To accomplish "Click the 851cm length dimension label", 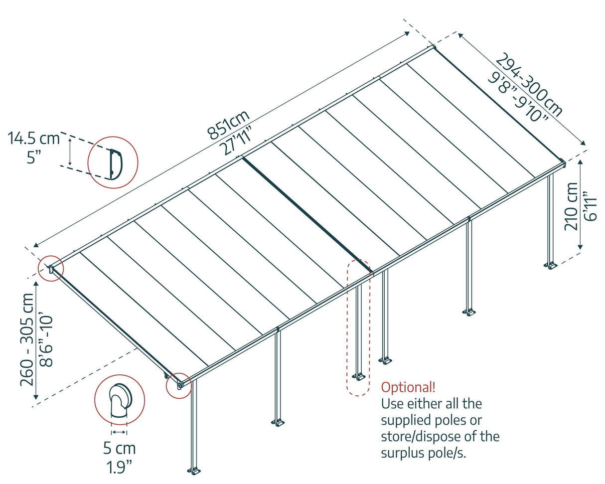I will click(x=228, y=124).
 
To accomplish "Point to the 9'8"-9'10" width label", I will click(x=518, y=97).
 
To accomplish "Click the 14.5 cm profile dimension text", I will click(x=33, y=138).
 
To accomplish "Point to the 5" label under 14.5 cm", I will click(x=34, y=159).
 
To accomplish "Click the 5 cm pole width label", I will click(x=119, y=449).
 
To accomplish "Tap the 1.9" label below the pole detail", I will click(x=119, y=468).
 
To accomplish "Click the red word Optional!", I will click(x=408, y=387).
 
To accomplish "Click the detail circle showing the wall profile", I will click(x=113, y=162).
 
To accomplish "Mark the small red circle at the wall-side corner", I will click(x=51, y=269).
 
